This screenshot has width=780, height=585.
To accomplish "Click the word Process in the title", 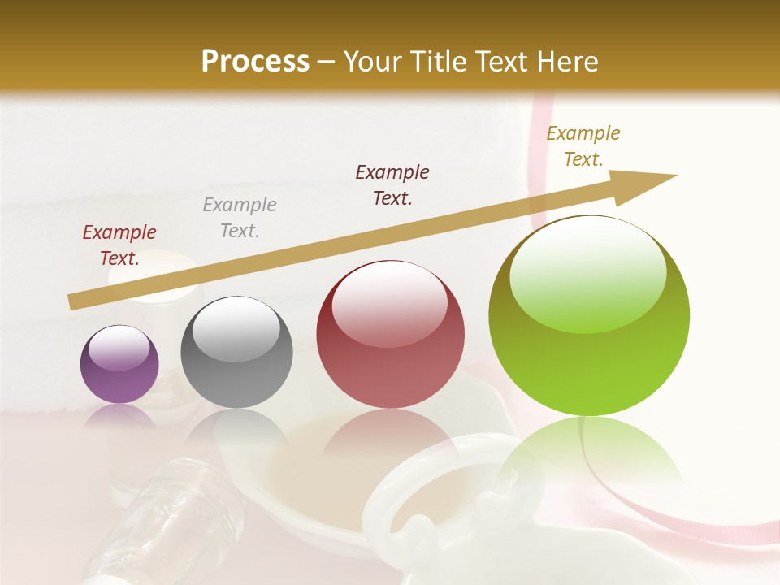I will click(x=255, y=61).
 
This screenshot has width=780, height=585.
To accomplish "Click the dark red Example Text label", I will click(x=119, y=245).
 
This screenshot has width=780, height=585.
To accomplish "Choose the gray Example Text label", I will click(x=240, y=218).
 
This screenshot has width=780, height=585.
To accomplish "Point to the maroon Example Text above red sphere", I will click(x=392, y=184).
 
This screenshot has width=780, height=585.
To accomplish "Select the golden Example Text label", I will click(x=583, y=146).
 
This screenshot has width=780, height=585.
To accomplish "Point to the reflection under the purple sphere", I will click(x=119, y=416).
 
